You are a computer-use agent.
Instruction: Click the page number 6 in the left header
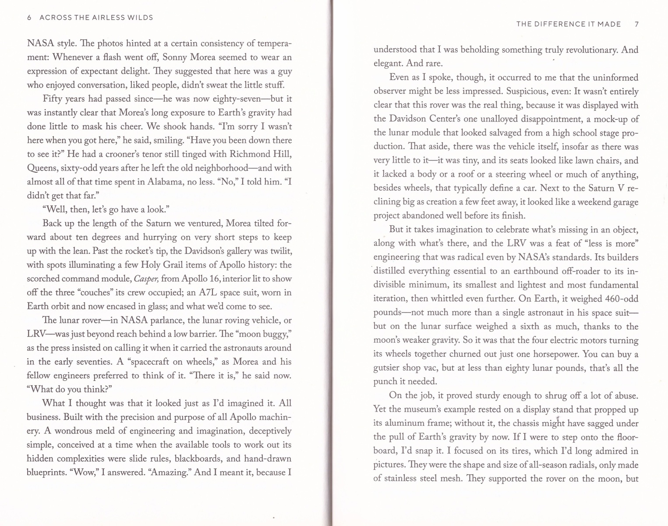[x=29, y=18]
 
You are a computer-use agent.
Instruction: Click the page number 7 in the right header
[x=636, y=24]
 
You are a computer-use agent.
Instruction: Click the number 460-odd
[x=621, y=299]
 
